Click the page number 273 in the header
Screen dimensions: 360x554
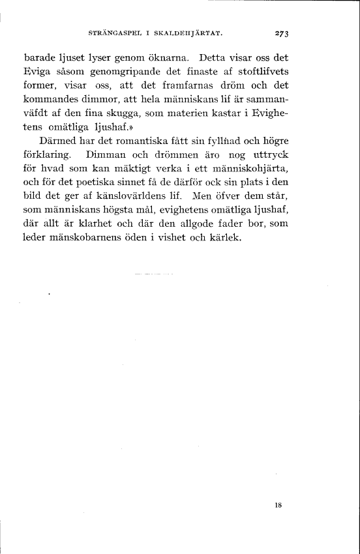point(282,31)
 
